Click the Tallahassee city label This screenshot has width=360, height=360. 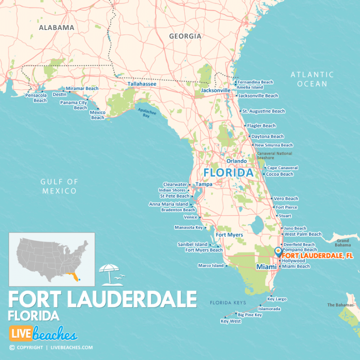tap(142, 84)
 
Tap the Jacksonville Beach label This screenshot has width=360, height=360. tap(258, 96)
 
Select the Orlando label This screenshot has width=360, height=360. tap(236, 161)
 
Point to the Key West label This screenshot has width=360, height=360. tap(231, 322)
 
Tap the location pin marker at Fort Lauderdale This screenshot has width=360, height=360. tap(278, 252)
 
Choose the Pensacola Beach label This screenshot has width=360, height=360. tap(37, 98)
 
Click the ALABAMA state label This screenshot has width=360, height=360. tap(56, 28)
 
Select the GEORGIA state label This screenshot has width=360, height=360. tap(185, 36)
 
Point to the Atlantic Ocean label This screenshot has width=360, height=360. tap(312, 79)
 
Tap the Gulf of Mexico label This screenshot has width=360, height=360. tap(58, 186)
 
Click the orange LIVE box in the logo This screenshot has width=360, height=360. tap(21, 334)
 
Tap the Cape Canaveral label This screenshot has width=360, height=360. tap(282, 168)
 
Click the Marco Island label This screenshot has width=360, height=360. tap(211, 266)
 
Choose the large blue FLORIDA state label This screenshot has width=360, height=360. tap(228, 173)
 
